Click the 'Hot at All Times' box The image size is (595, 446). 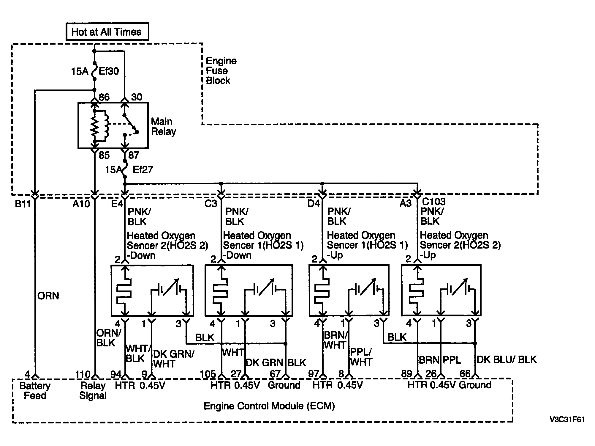[x=107, y=32]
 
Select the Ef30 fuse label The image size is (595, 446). [x=109, y=71]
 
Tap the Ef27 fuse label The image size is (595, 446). [x=143, y=170]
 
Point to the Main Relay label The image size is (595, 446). [x=163, y=126]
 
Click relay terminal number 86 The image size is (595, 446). [x=104, y=97]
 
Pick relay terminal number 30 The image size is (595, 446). [x=137, y=97]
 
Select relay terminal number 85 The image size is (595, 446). [x=104, y=155]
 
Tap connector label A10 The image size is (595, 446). [x=81, y=204]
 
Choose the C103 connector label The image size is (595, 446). [x=433, y=202]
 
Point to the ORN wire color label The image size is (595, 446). [x=48, y=296]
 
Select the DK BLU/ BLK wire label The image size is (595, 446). [x=507, y=360]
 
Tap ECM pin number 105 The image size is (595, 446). [x=208, y=374]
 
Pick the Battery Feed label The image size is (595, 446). [x=35, y=391]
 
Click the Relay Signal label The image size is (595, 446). [x=93, y=391]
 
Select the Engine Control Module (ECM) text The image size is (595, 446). [x=269, y=406]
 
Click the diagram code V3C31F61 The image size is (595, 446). [x=567, y=420]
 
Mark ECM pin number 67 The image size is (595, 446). [x=275, y=374]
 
